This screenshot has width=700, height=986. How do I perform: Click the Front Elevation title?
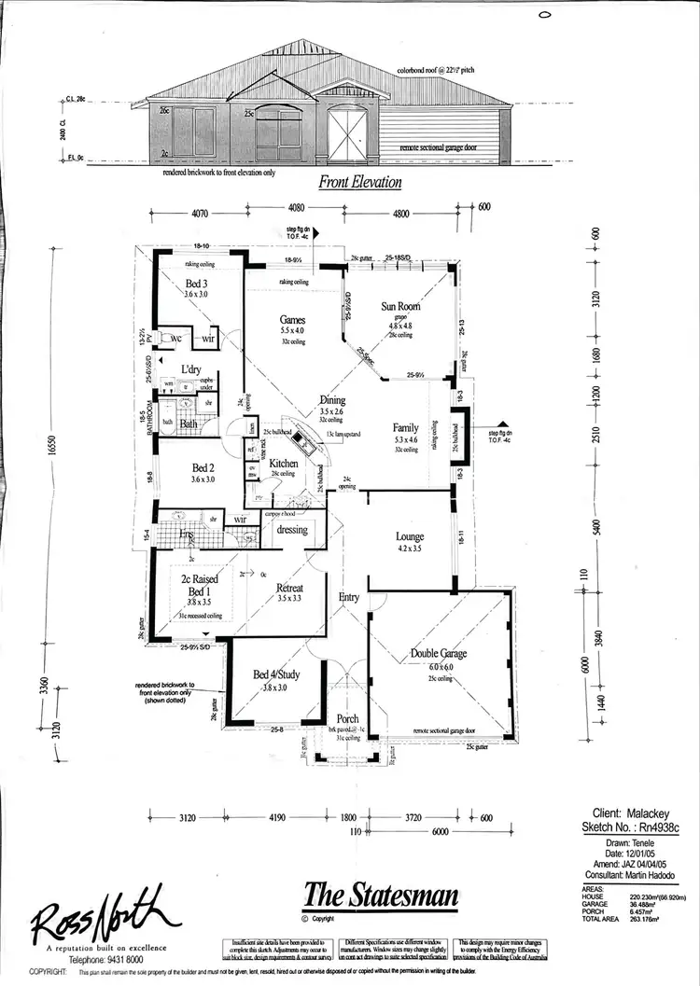pos(360,183)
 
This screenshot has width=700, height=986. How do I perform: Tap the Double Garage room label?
pos(440,653)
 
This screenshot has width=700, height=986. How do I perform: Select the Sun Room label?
pos(400,306)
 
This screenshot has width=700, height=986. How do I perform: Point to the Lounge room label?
pos(409,536)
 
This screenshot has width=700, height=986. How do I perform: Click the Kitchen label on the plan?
pos(284,463)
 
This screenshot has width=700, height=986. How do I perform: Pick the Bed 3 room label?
pos(195,284)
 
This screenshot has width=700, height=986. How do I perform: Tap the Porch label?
pos(347,718)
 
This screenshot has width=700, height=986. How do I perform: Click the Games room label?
pos(293,319)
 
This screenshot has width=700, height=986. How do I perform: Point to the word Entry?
pos(348,597)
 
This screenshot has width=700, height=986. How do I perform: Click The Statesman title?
pos(381,896)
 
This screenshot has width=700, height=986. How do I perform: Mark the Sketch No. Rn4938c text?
pos(638,826)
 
